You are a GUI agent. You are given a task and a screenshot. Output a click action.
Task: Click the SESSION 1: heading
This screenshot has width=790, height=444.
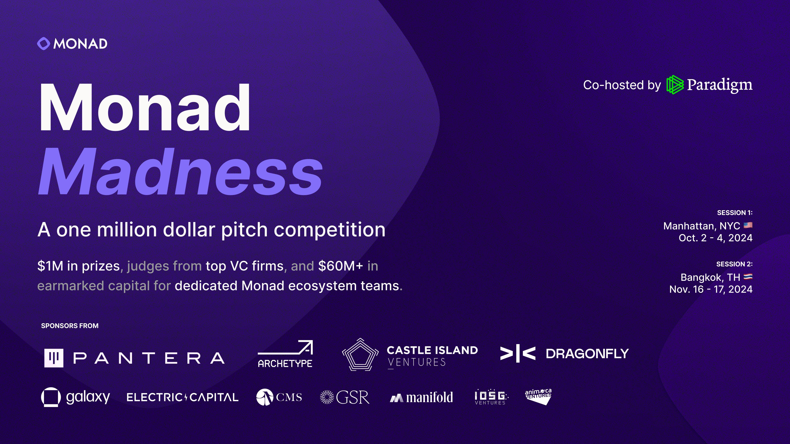[734, 213]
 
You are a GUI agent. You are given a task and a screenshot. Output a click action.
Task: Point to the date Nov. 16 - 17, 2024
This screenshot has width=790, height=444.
[711, 289]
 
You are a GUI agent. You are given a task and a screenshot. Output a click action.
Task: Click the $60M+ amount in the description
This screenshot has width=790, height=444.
[340, 266]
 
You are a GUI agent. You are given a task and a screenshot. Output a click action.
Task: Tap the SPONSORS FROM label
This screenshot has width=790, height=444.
[70, 326]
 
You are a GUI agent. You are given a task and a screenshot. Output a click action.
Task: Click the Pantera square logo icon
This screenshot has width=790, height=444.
[54, 358]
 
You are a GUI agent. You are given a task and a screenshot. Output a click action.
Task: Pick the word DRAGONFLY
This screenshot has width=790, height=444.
[587, 354]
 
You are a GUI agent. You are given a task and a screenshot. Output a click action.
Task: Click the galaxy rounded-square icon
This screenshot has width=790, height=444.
[51, 397]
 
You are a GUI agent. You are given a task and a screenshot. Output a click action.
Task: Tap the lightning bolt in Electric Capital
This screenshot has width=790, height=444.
[186, 397]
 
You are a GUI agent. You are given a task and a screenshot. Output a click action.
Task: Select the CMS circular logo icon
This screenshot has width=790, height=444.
[264, 397]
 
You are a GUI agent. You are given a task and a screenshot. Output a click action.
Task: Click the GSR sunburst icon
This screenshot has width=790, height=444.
[327, 397]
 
